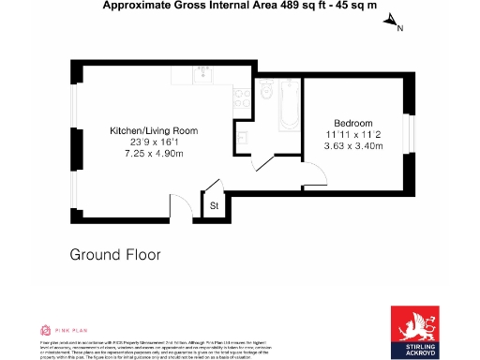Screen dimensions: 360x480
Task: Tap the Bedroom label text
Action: point(353,123)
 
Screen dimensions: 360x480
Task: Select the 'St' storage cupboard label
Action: point(214,206)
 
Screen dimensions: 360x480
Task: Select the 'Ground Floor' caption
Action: point(115,254)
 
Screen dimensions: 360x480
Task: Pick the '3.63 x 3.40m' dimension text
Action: point(352,145)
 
